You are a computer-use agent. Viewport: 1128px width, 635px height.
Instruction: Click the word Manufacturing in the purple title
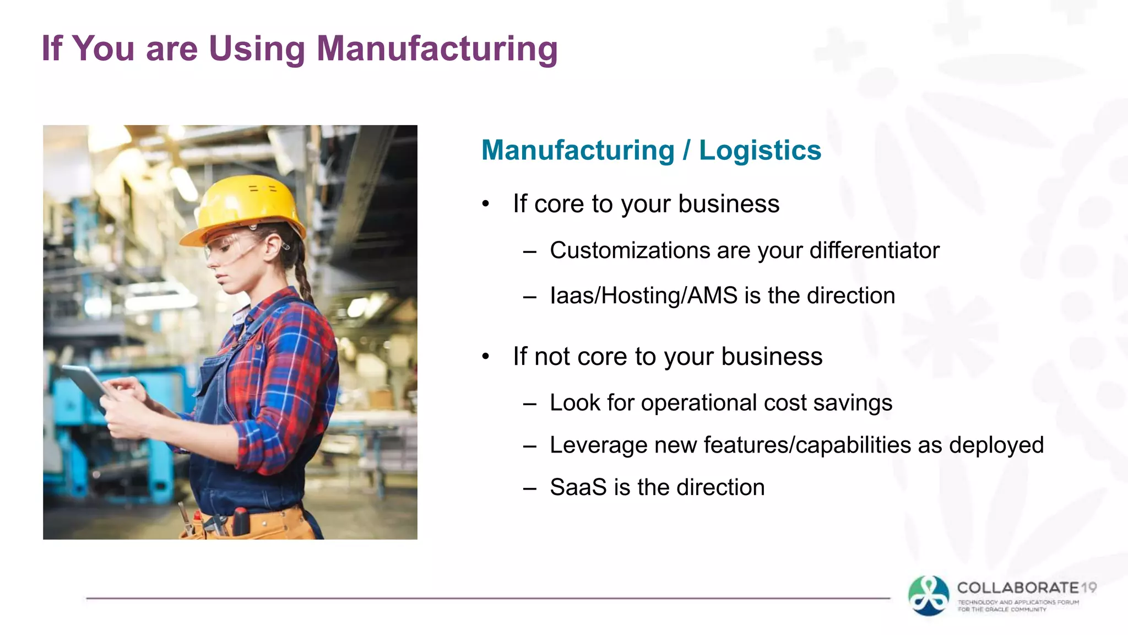point(437,49)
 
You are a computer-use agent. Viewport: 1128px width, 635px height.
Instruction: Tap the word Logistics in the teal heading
point(760,150)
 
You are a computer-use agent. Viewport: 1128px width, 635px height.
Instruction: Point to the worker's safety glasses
point(231,246)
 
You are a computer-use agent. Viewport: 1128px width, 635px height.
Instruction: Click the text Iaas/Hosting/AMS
point(643,296)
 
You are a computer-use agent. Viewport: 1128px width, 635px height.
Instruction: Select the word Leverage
point(599,445)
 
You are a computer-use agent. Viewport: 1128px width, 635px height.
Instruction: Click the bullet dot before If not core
point(485,357)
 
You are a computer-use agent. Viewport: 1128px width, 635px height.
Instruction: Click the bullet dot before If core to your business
point(485,204)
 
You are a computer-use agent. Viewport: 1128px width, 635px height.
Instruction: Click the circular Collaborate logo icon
point(929,595)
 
